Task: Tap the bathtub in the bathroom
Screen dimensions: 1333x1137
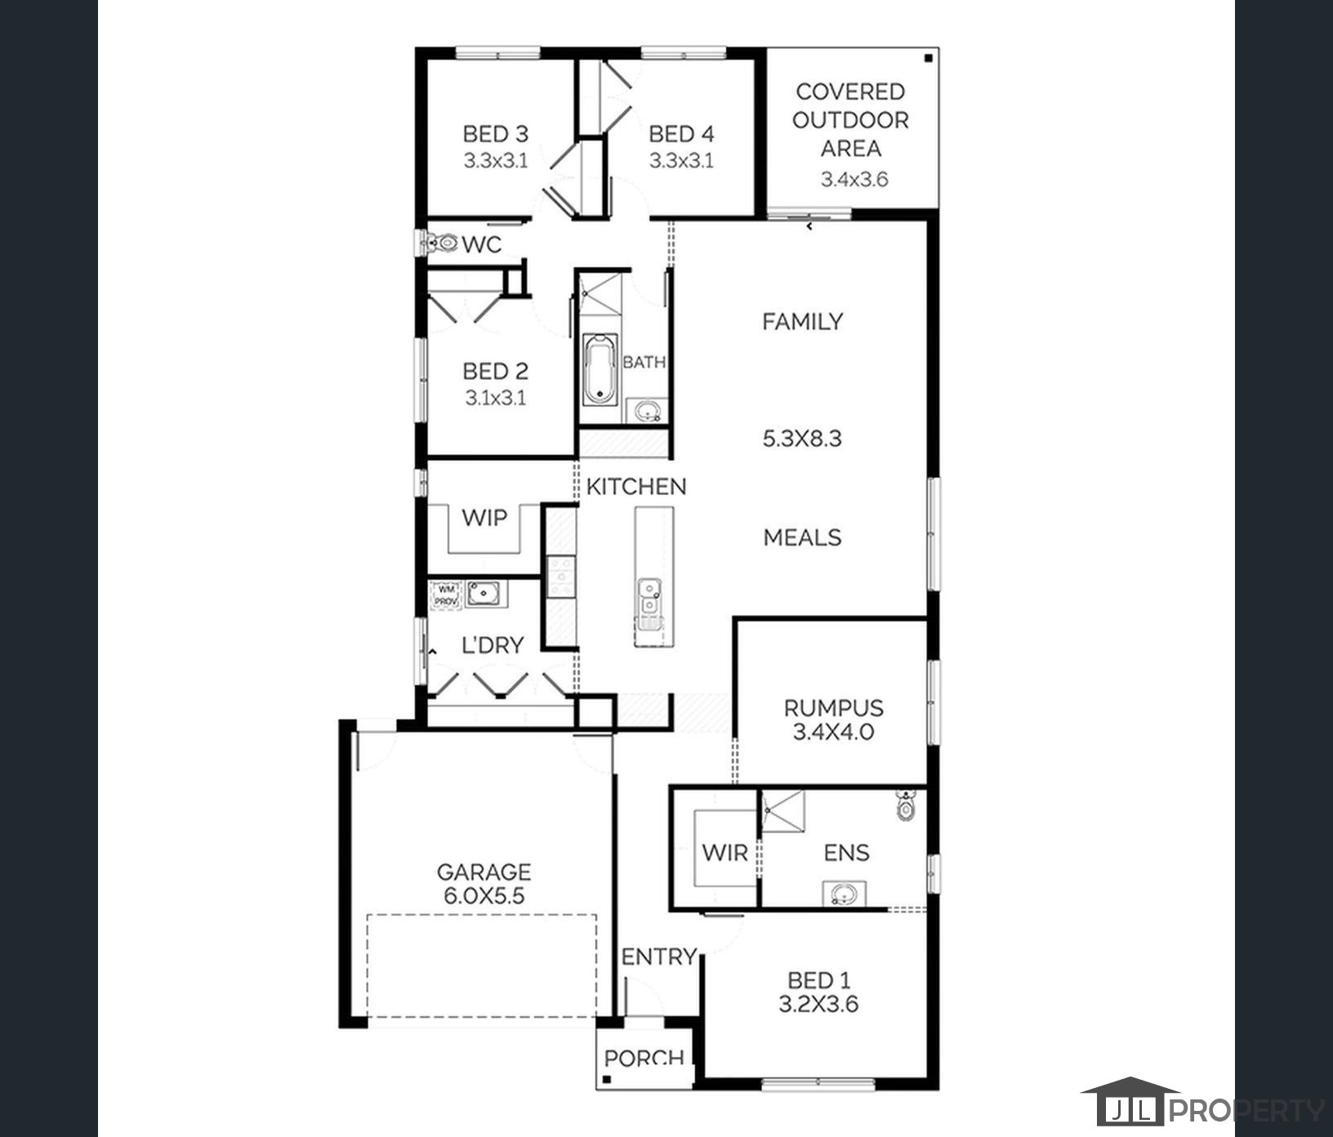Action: (x=600, y=369)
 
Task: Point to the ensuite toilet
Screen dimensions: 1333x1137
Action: (x=905, y=805)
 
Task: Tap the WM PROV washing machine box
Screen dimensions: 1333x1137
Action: (x=446, y=595)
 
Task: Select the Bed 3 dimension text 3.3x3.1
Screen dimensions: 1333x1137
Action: (x=496, y=161)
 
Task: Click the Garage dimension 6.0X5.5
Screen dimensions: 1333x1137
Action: (x=484, y=896)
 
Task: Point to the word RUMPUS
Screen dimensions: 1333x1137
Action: (x=833, y=708)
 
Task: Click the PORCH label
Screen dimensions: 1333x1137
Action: (x=644, y=1059)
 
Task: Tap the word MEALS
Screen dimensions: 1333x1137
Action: (x=802, y=537)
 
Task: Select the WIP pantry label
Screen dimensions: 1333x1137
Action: (x=484, y=517)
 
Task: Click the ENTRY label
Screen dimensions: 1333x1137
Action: (x=659, y=956)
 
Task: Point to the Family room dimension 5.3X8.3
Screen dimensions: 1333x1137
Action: (x=802, y=439)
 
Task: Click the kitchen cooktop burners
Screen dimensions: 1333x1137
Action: (x=561, y=575)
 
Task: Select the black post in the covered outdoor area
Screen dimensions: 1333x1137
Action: (x=929, y=58)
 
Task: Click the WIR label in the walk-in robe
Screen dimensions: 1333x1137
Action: (x=724, y=853)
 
